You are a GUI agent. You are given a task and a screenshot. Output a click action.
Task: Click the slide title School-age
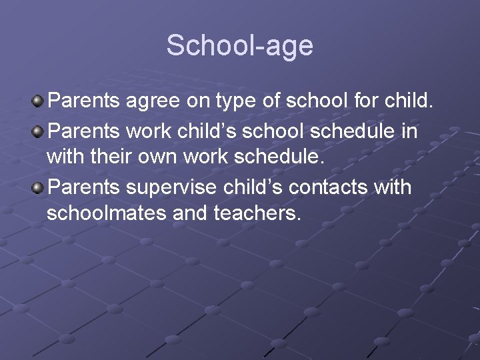click(239, 45)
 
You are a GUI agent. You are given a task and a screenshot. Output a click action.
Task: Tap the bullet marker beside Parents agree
click(39, 102)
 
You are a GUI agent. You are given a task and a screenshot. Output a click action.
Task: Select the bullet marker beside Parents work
click(39, 131)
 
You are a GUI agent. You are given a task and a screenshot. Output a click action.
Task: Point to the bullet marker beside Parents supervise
click(39, 187)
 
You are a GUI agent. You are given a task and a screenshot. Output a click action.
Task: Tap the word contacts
click(323, 188)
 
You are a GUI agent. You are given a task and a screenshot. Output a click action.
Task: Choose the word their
click(103, 159)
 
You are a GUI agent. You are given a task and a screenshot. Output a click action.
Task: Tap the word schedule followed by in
click(353, 131)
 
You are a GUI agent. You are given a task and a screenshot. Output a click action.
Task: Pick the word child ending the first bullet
click(406, 103)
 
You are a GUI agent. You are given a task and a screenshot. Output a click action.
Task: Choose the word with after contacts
click(394, 188)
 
